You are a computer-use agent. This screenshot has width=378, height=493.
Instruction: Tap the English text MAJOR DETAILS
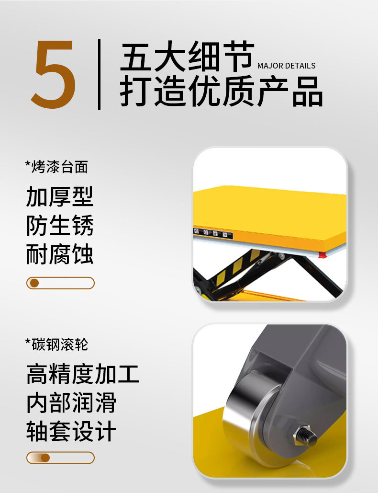coord(286,66)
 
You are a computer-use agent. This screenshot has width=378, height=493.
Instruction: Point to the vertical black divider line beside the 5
coord(99,74)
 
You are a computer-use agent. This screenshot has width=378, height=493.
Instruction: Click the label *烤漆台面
coord(56,167)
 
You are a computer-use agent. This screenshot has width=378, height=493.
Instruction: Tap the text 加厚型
coord(60,196)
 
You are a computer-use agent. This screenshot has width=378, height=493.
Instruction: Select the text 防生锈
coord(60,225)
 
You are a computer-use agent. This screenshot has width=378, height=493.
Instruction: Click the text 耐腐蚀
coord(60,254)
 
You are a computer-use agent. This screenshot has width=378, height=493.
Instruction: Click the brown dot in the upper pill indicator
coord(34,283)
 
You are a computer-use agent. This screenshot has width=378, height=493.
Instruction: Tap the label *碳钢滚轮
coord(56,344)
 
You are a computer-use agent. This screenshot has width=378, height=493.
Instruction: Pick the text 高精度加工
coord(82,374)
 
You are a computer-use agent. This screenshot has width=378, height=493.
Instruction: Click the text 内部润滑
coord(71,402)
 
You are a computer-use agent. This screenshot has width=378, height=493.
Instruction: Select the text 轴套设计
coord(71,431)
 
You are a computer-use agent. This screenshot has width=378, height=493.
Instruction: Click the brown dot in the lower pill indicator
coord(45,458)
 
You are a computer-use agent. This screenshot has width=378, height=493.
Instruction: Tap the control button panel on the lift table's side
coord(213,234)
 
